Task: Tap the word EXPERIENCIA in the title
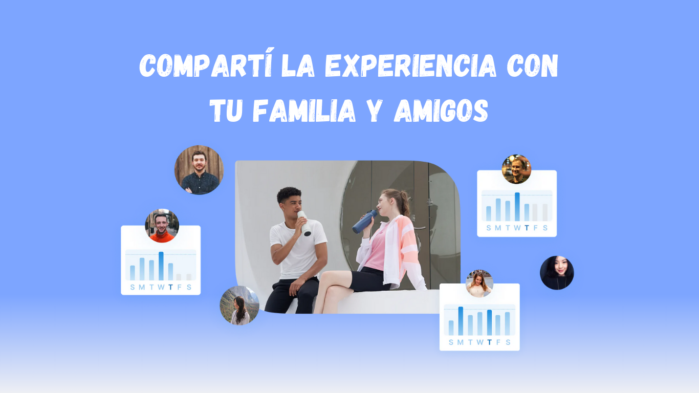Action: click(x=411, y=65)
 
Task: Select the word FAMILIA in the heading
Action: click(x=304, y=111)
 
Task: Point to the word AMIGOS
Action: click(x=441, y=111)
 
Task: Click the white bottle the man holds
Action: click(x=304, y=223)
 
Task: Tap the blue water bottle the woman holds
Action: click(x=365, y=221)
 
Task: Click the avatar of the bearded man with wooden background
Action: click(x=199, y=170)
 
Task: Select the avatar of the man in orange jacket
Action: click(x=162, y=226)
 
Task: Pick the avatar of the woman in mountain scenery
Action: click(x=239, y=305)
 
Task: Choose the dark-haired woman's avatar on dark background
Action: click(x=557, y=273)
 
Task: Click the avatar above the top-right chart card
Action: click(x=516, y=169)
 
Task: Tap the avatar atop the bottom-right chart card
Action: click(x=479, y=283)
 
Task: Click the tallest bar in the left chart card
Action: click(x=161, y=266)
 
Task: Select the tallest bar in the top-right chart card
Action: click(x=517, y=207)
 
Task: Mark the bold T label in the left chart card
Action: click(x=170, y=287)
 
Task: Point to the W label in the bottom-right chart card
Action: click(x=480, y=342)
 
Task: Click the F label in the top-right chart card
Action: click(x=535, y=228)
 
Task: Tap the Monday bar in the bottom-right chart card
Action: click(x=461, y=321)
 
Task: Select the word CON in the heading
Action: click(x=532, y=65)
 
